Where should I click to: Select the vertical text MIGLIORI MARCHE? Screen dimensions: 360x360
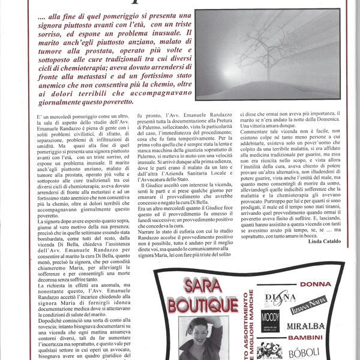[253, 321]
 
